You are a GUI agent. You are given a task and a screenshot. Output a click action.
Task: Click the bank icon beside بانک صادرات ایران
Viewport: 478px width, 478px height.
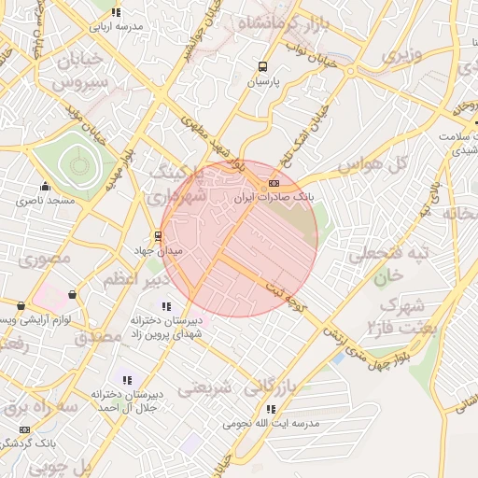(x=274, y=183)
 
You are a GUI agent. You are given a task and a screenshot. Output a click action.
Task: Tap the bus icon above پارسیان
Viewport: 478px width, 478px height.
(x=262, y=66)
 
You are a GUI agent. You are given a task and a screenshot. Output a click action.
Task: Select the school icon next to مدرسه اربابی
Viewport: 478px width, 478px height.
(x=116, y=12)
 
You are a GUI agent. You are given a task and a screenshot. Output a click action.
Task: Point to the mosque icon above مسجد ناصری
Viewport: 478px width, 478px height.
(x=45, y=186)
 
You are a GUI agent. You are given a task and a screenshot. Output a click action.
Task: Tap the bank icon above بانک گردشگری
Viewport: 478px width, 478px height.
(x=23, y=429)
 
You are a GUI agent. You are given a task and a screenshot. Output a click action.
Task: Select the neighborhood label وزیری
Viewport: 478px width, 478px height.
(x=401, y=54)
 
